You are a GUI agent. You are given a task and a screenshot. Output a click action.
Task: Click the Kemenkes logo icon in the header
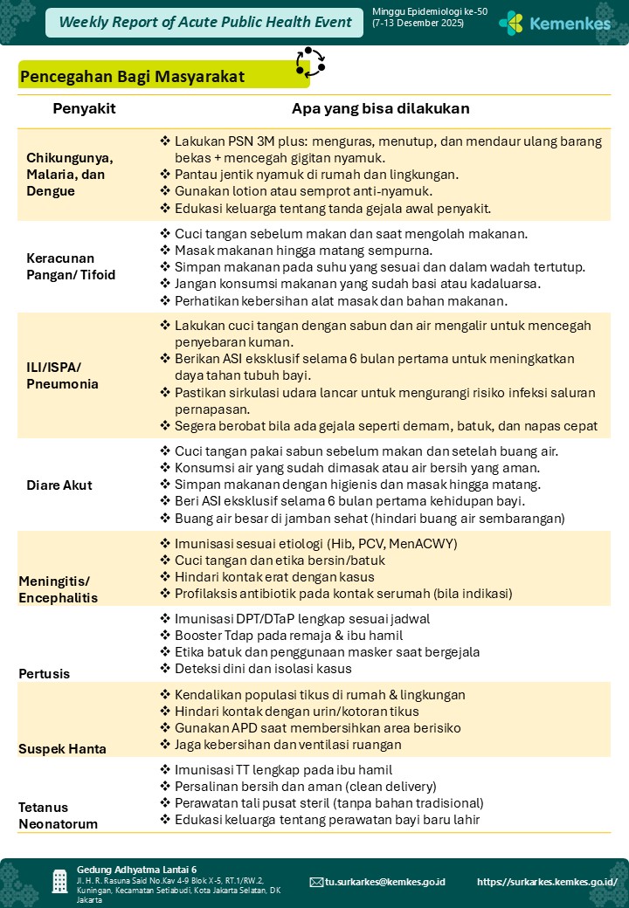pos(511,23)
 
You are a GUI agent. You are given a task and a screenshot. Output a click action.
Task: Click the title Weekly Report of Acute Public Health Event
pos(205,22)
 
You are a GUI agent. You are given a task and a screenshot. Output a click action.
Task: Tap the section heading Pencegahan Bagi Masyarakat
pos(132,77)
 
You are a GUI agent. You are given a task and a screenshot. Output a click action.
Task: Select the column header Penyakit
pos(84,109)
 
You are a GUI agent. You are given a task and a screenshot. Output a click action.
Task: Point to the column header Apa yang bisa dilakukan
pos(381,109)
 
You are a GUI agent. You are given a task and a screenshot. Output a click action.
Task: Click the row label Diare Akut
pos(59,485)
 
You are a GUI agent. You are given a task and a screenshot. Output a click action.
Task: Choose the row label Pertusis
pos(45,674)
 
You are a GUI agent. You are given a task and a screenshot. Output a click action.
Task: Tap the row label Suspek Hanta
pos(63,748)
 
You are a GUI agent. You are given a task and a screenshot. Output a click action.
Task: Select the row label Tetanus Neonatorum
pos(59,815)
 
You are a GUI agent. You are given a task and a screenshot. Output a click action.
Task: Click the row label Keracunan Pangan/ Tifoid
pos(71,266)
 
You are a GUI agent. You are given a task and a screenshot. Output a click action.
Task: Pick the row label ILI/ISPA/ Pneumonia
pos(63,375)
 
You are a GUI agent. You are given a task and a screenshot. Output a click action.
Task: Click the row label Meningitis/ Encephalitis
pos(58,589)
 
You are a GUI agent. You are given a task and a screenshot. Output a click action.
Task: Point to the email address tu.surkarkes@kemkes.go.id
pos(384,882)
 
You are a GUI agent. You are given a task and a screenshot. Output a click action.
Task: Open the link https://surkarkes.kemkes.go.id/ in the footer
pos(547,882)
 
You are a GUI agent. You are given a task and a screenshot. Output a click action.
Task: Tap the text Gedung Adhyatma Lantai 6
pos(136,870)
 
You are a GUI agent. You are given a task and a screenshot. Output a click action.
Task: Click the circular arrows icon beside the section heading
pos(310,62)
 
